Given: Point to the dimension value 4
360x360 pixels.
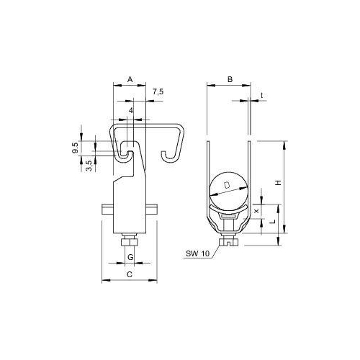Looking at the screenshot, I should (x=131, y=110).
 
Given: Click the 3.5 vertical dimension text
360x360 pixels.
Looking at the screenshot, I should (x=88, y=163).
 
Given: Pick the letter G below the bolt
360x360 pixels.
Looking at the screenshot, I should (x=130, y=257).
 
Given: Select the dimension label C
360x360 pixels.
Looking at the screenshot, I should (x=130, y=274).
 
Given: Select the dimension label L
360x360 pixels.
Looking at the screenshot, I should (x=271, y=224).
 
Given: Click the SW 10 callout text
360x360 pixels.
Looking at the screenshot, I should (x=197, y=253).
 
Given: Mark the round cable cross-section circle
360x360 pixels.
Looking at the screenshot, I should (x=228, y=190).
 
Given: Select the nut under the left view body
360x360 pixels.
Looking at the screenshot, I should (x=130, y=242).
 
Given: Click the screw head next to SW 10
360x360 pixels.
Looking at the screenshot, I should (x=228, y=243).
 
